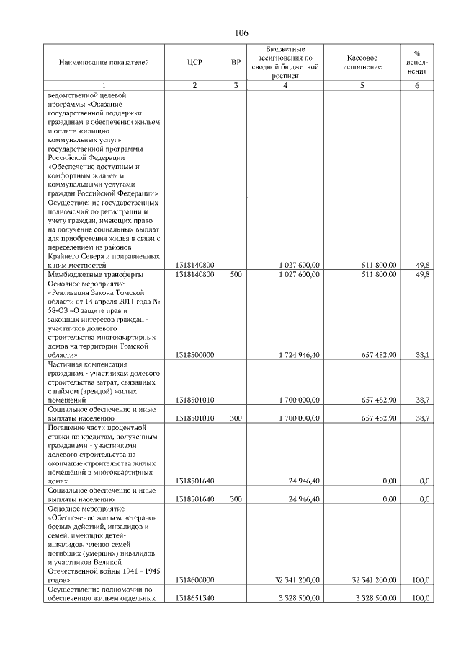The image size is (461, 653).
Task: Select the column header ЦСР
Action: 194,62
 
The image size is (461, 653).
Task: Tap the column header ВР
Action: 236,62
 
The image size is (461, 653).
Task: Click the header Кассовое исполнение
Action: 362,62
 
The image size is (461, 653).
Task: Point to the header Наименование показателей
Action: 104,62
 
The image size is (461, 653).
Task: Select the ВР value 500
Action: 236,275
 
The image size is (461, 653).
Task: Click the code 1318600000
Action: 194,579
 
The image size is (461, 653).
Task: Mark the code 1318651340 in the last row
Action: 194,598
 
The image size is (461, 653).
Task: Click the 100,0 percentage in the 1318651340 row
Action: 421,598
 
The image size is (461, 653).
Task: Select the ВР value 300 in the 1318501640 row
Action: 236,499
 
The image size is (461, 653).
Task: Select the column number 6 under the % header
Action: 416,86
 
